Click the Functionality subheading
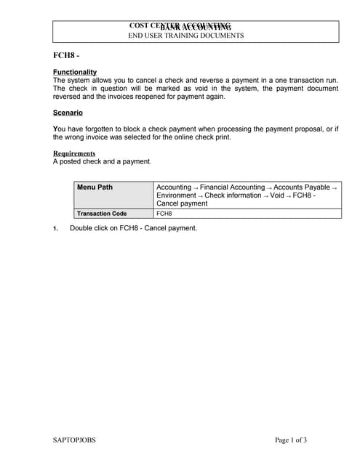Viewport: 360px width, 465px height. tap(75, 72)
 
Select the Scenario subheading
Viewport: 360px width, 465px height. tap(68, 113)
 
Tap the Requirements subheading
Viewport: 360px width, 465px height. tap(74, 153)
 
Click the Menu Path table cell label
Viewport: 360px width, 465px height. tap(95, 187)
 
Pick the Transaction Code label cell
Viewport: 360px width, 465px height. tap(102, 214)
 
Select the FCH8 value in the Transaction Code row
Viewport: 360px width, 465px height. tap(164, 214)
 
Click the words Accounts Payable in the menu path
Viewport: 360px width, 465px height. tap(300, 187)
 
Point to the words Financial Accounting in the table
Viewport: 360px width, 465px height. tap(232, 187)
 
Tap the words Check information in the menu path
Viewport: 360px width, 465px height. tap(233, 195)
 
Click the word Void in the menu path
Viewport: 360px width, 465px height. tap(276, 195)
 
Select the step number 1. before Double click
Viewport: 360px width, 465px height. tap(55, 229)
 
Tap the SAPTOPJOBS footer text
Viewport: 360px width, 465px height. tap(74, 440)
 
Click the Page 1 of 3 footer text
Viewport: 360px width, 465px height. tap(291, 440)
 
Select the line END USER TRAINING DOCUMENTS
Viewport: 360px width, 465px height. tap(186, 36)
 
